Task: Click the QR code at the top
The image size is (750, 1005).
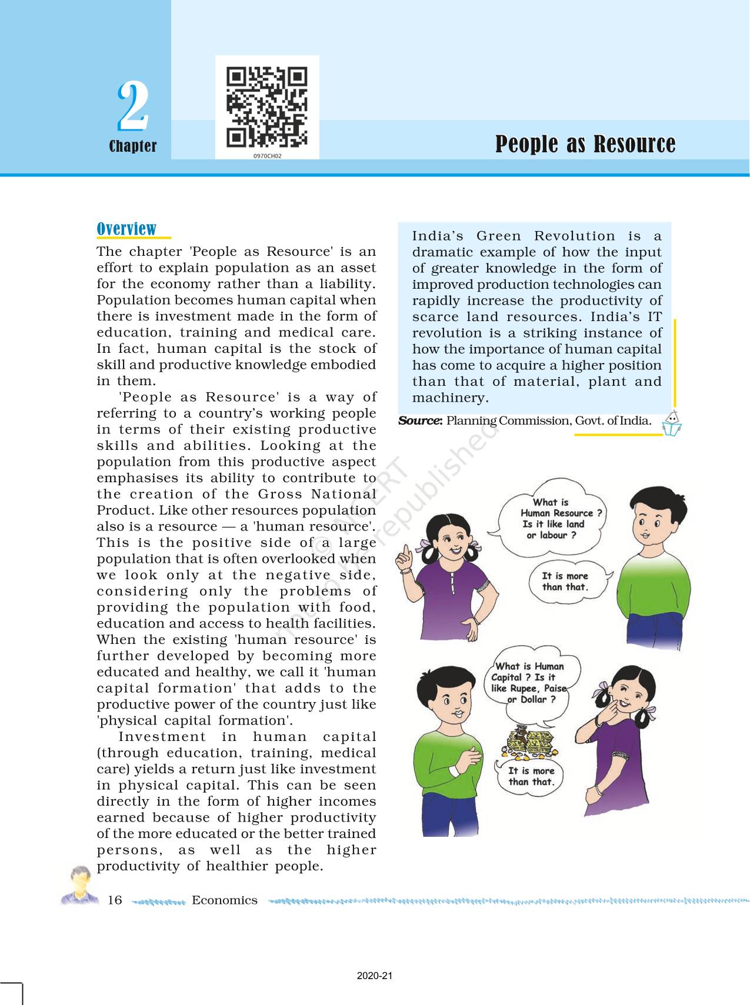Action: tap(266, 106)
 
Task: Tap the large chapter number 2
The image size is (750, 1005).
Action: tap(132, 107)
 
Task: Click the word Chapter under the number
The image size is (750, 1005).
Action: tap(133, 146)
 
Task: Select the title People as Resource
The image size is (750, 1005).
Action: tap(585, 144)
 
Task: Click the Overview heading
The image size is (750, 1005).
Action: tap(126, 229)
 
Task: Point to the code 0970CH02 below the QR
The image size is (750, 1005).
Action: tap(267, 156)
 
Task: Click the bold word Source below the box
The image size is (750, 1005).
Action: tap(419, 420)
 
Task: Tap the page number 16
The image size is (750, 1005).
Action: tap(115, 900)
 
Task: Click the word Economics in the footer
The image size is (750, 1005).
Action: tap(225, 900)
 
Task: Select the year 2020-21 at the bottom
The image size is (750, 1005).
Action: tap(374, 976)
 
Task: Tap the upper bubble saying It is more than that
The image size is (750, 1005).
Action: tap(565, 582)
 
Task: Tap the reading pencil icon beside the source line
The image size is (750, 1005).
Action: tap(671, 423)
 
